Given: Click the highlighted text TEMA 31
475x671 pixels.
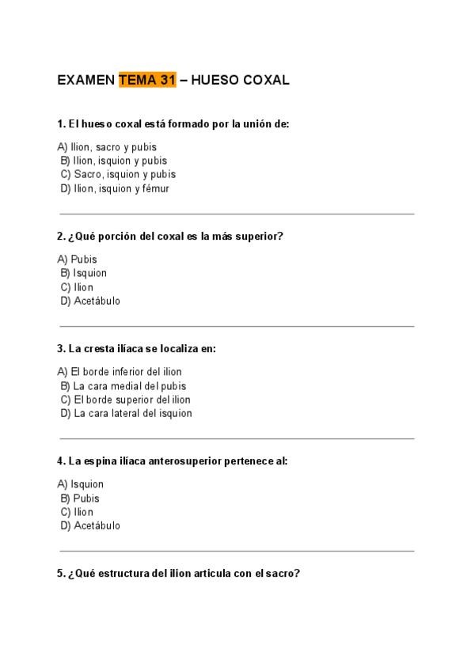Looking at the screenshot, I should (147, 80).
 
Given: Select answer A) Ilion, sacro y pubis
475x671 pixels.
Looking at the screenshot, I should (107, 147).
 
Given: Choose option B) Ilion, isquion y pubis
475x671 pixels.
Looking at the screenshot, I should (113, 161).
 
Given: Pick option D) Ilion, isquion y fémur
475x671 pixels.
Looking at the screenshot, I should (114, 188).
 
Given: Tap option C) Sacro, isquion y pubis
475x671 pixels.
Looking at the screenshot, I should (118, 174).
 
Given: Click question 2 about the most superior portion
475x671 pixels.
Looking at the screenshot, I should (170, 236).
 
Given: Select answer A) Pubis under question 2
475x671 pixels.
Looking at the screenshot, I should (78, 260).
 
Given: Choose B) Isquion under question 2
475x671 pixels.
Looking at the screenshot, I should (83, 273).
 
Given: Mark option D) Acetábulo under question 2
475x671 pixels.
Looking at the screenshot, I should (90, 301).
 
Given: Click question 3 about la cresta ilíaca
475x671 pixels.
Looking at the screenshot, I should (136, 348).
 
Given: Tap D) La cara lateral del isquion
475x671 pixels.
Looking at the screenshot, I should (126, 413).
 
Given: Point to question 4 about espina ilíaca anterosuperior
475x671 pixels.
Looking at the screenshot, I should (172, 461).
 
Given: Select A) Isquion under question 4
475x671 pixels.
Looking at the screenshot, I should (81, 484).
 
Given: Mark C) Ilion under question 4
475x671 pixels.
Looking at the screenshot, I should (77, 512).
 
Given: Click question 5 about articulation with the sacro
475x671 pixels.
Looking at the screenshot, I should (178, 573).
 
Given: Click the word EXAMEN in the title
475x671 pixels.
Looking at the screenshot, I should (86, 80).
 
